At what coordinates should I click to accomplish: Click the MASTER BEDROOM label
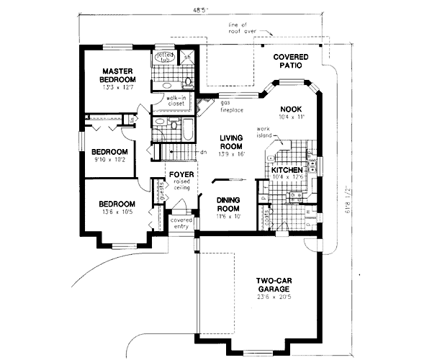[114, 75]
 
